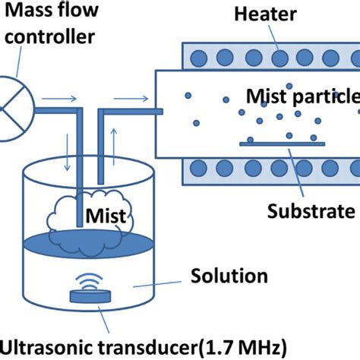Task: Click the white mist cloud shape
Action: [76, 217]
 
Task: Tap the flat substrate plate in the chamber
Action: [267, 142]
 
